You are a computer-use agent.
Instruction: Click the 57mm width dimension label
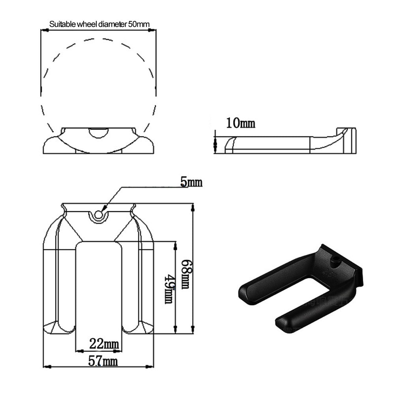click(103, 361)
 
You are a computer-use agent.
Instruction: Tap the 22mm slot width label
click(104, 344)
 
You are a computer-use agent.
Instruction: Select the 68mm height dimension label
click(187, 274)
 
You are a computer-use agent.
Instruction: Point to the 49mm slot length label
click(169, 289)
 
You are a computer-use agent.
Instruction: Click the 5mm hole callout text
click(191, 182)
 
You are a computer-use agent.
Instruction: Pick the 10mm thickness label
click(241, 123)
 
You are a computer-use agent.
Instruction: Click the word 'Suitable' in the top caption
click(62, 24)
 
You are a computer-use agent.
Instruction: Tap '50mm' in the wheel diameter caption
click(139, 24)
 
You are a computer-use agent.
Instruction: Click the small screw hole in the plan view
click(99, 215)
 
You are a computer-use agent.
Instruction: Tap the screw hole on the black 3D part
click(335, 260)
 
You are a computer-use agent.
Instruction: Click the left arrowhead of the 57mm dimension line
click(47, 367)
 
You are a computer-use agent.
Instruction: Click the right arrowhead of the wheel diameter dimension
click(152, 30)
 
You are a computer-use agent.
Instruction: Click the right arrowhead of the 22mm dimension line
click(118, 351)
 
